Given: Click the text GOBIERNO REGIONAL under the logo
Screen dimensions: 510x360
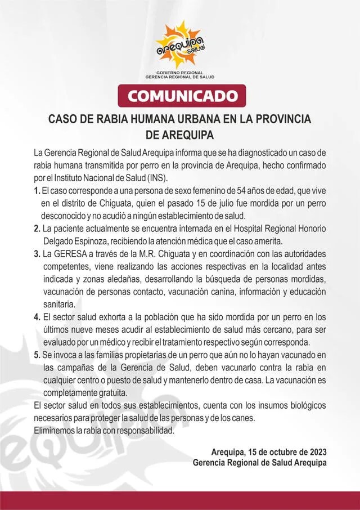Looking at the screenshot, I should click(180, 73).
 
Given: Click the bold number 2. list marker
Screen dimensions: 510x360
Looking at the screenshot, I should click(37, 228).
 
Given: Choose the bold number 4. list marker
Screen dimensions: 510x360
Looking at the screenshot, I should click(37, 317).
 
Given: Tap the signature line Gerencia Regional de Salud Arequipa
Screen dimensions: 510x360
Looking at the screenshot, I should click(259, 463).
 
